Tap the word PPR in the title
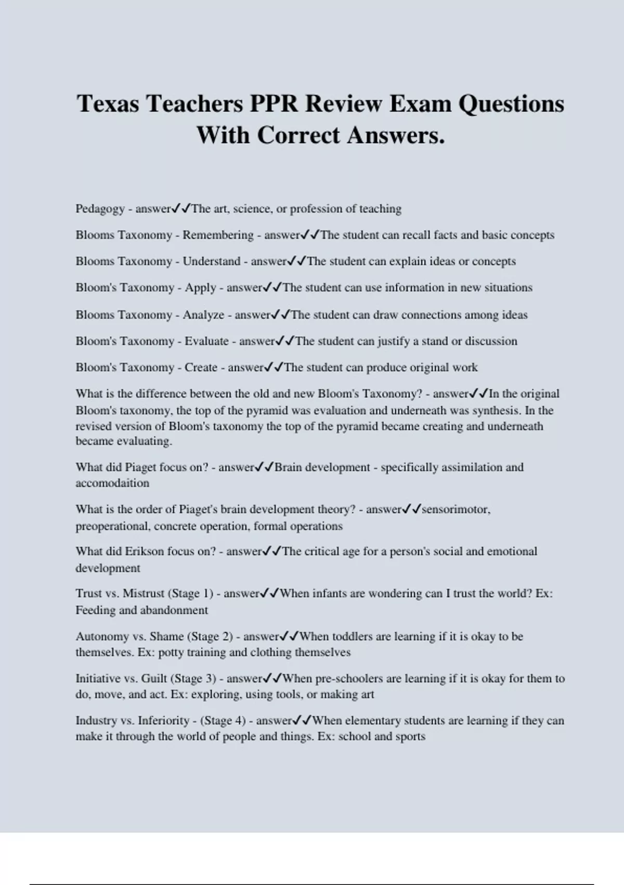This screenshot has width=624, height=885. pyautogui.click(x=274, y=104)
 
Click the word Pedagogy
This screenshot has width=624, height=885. pyautogui.click(x=100, y=209)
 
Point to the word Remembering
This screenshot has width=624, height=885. pyautogui.click(x=218, y=235)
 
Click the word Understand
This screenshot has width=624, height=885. pyautogui.click(x=211, y=261)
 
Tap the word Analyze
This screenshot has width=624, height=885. pyautogui.click(x=203, y=315)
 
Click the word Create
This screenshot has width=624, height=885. pyautogui.click(x=201, y=368)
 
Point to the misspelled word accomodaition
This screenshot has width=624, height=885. pyautogui.click(x=112, y=483)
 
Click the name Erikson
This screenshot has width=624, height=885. pyautogui.click(x=144, y=551)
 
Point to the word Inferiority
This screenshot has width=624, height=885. pyautogui.click(x=163, y=720)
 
